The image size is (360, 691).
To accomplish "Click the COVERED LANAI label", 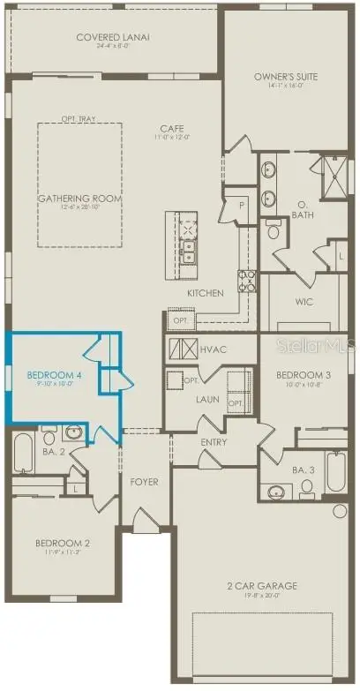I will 113,37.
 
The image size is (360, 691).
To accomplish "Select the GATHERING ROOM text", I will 79,199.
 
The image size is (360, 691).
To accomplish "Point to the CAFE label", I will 170,128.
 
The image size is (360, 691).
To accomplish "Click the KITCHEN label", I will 205,293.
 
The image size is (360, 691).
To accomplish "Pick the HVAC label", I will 214,349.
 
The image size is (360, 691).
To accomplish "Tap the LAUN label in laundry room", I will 207,398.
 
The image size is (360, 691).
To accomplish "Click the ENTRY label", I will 214,442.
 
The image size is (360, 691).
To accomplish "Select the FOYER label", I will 144,482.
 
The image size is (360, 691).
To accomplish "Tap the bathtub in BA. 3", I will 337,474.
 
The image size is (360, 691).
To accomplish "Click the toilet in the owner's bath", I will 274,232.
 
